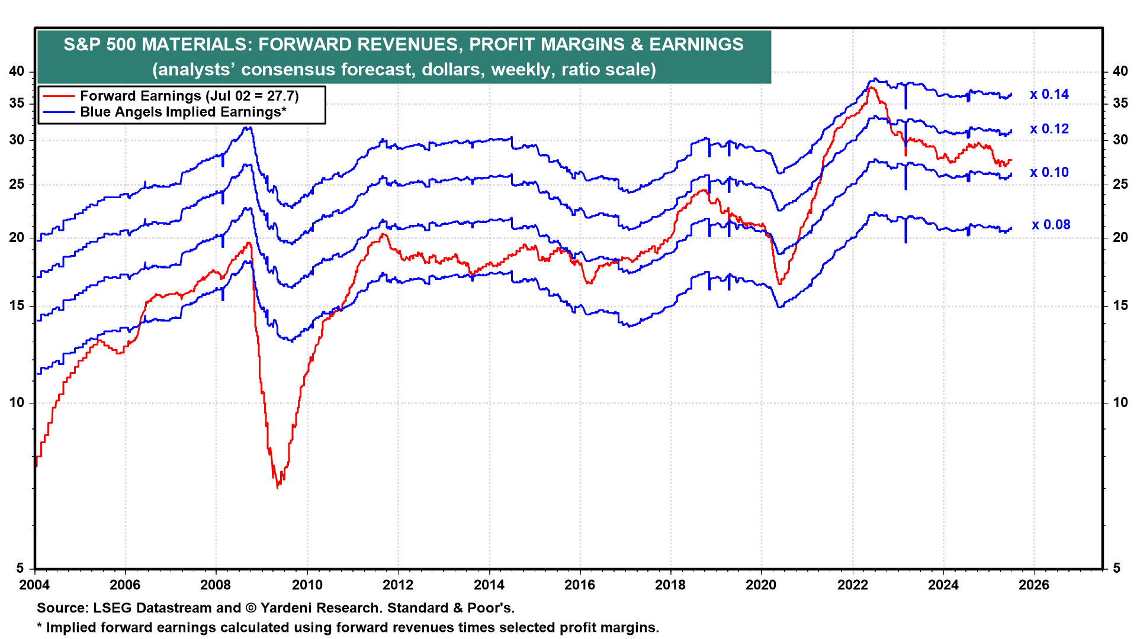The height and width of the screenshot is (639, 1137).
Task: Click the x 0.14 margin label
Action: [x=1049, y=95]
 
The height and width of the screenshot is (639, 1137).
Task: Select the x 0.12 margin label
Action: [x=1049, y=129]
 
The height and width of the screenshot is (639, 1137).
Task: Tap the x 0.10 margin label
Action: [x=1049, y=173]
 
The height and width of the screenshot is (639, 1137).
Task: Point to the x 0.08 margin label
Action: [x=1051, y=225]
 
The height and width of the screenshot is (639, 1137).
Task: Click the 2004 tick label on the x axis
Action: [x=35, y=585]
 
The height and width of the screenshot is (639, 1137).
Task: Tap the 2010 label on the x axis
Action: [x=307, y=585]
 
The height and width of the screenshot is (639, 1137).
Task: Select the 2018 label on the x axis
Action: [x=670, y=585]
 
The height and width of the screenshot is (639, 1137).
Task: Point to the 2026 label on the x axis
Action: [x=1033, y=585]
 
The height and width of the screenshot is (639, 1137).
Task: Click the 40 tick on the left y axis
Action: [x=17, y=72]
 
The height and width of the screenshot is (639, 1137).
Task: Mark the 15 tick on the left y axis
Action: [x=17, y=306]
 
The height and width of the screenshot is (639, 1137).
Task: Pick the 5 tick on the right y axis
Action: [x=1116, y=569]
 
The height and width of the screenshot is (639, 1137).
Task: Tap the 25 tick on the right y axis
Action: [x=1120, y=185]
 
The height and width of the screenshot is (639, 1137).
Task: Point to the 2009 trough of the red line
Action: [x=278, y=487]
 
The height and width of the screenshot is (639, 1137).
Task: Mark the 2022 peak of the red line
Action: [x=871, y=88]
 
